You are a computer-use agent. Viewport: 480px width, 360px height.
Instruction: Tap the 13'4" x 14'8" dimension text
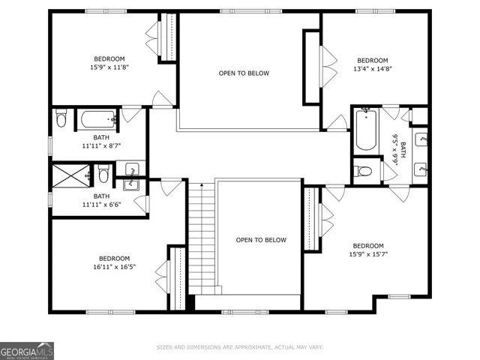tap(372, 69)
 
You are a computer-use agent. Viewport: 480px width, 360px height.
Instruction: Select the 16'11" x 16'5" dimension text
tap(114, 266)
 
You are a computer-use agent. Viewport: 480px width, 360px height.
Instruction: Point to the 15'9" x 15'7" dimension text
tap(368, 254)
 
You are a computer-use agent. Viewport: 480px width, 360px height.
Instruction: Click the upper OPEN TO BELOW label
tap(244, 73)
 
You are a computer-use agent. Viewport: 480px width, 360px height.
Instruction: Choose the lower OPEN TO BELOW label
tap(261, 240)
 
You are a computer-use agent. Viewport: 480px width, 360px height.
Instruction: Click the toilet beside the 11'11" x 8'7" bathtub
tap(62, 119)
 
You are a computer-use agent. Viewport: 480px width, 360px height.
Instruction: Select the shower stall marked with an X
tap(68, 176)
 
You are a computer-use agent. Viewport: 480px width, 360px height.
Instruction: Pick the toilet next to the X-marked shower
tap(103, 176)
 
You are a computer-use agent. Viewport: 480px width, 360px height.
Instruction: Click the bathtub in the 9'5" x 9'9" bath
tap(365, 130)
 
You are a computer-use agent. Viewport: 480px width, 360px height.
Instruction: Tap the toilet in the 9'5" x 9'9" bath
tap(364, 171)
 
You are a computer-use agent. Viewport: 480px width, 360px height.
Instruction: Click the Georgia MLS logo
tap(27, 350)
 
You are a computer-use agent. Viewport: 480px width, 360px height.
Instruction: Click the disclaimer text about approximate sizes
tap(239, 347)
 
